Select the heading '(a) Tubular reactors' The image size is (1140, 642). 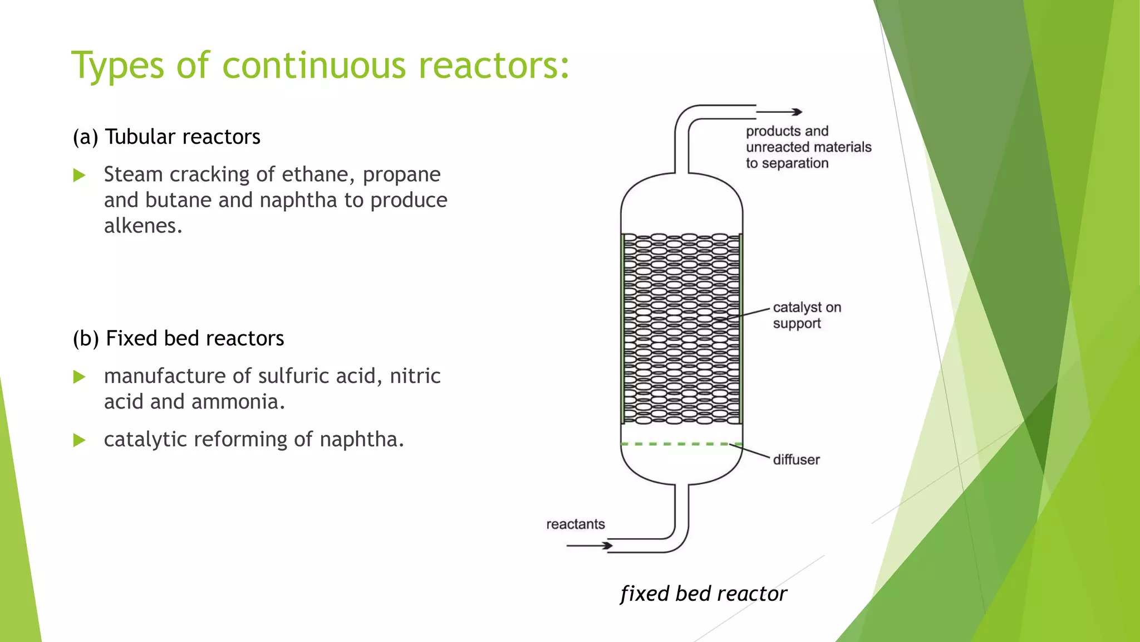pos(166,137)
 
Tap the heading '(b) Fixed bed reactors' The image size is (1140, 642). pos(178,339)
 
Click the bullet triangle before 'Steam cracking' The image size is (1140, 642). pos(80,176)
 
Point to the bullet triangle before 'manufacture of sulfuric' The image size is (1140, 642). pos(80,377)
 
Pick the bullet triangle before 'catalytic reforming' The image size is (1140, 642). pos(80,440)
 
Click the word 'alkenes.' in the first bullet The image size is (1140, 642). pos(143,226)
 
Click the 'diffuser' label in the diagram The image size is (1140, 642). pos(796,460)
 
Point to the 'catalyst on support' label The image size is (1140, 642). pos(806,315)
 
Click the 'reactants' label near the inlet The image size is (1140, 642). pos(575,524)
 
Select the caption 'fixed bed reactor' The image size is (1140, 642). pos(704,594)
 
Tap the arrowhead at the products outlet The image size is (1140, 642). pos(798,112)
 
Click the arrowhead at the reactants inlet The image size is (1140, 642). pos(608,546)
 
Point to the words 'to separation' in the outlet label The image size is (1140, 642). pos(787,163)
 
